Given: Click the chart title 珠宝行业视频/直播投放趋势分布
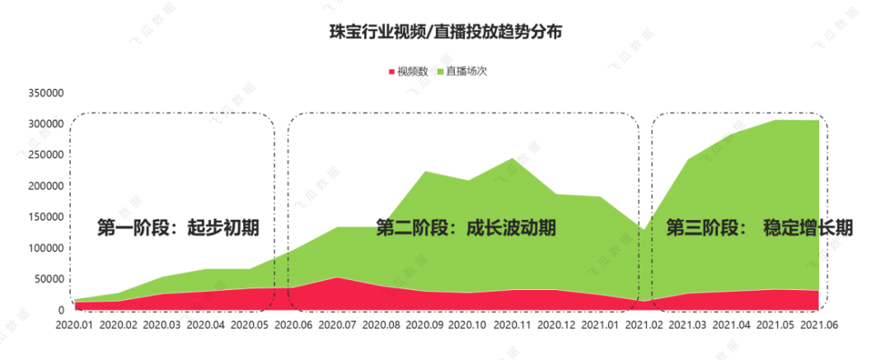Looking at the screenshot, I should coord(445,33).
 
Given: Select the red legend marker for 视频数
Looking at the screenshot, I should coord(391,72).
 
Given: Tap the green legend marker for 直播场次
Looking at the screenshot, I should coord(441,72).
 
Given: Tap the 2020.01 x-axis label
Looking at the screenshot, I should coord(76,325).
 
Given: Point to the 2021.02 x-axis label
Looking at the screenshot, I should coord(644,325).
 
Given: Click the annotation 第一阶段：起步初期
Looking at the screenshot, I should coord(178,228).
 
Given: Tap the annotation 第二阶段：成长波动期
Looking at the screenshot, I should coord(466,228).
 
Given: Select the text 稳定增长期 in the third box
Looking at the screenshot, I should coord(808,228).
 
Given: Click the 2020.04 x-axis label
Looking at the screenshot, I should coord(207,325).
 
